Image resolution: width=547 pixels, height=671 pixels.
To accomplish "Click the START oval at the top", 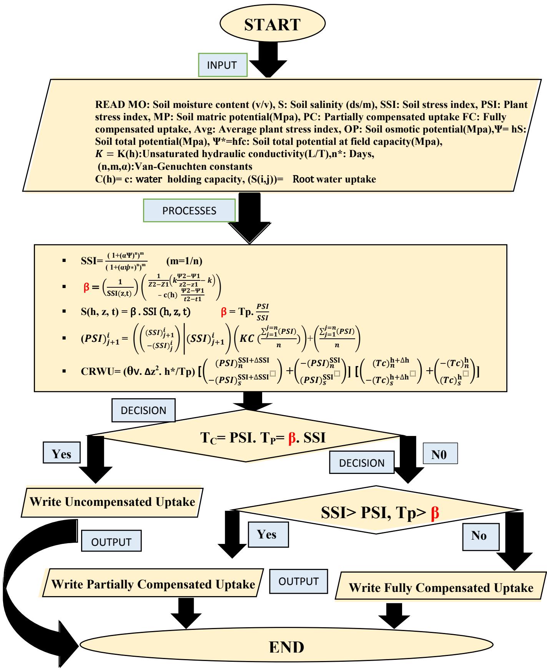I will [272, 25].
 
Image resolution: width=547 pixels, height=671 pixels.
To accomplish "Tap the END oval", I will [286, 647].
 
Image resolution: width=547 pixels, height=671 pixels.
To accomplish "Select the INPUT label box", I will [222, 65].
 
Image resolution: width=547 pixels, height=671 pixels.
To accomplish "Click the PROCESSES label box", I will [189, 210].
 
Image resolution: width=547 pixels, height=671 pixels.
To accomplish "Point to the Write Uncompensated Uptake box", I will [112, 502].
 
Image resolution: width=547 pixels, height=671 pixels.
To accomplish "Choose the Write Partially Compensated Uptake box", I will [153, 584].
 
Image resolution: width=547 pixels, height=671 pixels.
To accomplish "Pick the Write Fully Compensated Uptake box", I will [441, 588].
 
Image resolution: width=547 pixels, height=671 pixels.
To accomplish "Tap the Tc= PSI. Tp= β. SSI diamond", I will [263, 438].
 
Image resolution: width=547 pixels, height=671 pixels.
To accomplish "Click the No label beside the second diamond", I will [479, 536].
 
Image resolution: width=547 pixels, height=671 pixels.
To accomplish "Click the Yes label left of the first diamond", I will [62, 454].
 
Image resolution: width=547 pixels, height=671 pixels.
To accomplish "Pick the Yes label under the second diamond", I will [266, 534].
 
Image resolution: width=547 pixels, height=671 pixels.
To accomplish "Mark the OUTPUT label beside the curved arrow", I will [111, 542].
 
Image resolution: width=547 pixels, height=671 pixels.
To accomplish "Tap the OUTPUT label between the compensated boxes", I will [299, 581].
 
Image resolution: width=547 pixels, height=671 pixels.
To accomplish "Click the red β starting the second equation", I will [86, 287].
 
